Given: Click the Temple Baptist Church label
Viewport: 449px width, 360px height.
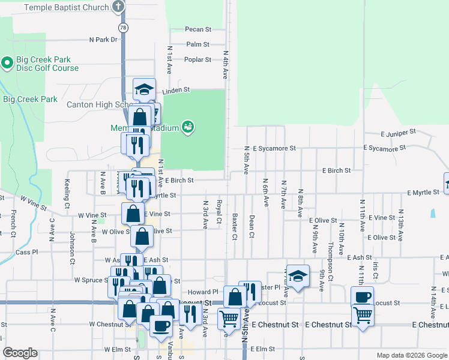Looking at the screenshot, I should (x=66, y=8).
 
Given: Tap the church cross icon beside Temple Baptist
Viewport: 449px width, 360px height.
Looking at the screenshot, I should (x=118, y=7).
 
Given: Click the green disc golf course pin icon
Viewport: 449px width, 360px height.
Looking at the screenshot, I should (x=7, y=62).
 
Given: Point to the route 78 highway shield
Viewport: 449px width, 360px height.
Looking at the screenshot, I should (x=123, y=28).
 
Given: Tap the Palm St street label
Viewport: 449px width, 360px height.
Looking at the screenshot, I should (x=197, y=44).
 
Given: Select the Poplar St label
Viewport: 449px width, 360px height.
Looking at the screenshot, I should (x=197, y=59).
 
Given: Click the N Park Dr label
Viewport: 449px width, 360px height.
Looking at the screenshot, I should (x=104, y=40).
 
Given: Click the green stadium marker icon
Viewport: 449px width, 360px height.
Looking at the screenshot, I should (x=188, y=127).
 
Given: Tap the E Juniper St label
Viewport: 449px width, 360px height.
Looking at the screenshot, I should (x=398, y=132).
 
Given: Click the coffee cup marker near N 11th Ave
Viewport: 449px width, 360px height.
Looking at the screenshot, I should (x=363, y=297).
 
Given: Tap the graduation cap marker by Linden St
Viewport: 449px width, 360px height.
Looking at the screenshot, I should (x=144, y=89).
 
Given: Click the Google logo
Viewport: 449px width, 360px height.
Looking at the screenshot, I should (x=20, y=353).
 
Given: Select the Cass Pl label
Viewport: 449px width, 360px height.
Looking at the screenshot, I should (x=26, y=253).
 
